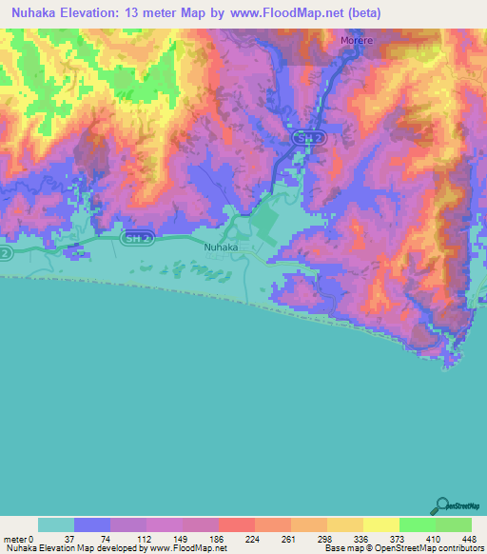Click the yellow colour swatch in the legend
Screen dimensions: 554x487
[x=380, y=524]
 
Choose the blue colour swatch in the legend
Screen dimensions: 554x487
[x=92, y=524]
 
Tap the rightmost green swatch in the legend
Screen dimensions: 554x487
[x=453, y=524]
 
